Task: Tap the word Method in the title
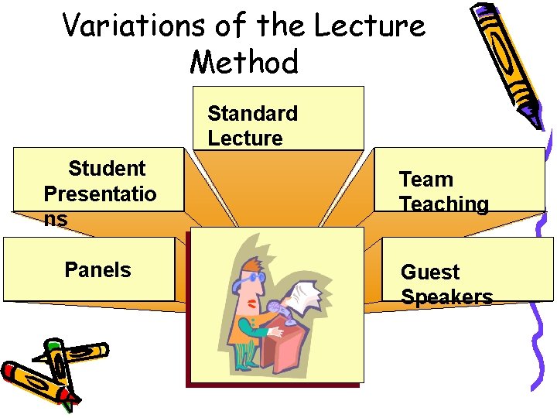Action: (244, 62)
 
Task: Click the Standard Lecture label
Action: (252, 125)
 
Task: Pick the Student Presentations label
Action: (100, 194)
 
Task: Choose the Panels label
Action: (97, 270)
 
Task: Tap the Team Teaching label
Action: (443, 192)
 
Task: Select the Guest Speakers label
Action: (446, 284)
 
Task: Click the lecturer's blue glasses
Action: (258, 276)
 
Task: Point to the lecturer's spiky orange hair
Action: (249, 266)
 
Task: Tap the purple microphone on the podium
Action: (277, 305)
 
